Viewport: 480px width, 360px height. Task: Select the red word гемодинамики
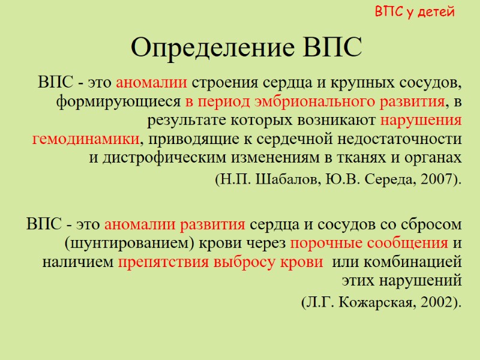pos(85,139)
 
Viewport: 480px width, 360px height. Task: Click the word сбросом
pos(433,224)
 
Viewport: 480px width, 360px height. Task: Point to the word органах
pos(435,158)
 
